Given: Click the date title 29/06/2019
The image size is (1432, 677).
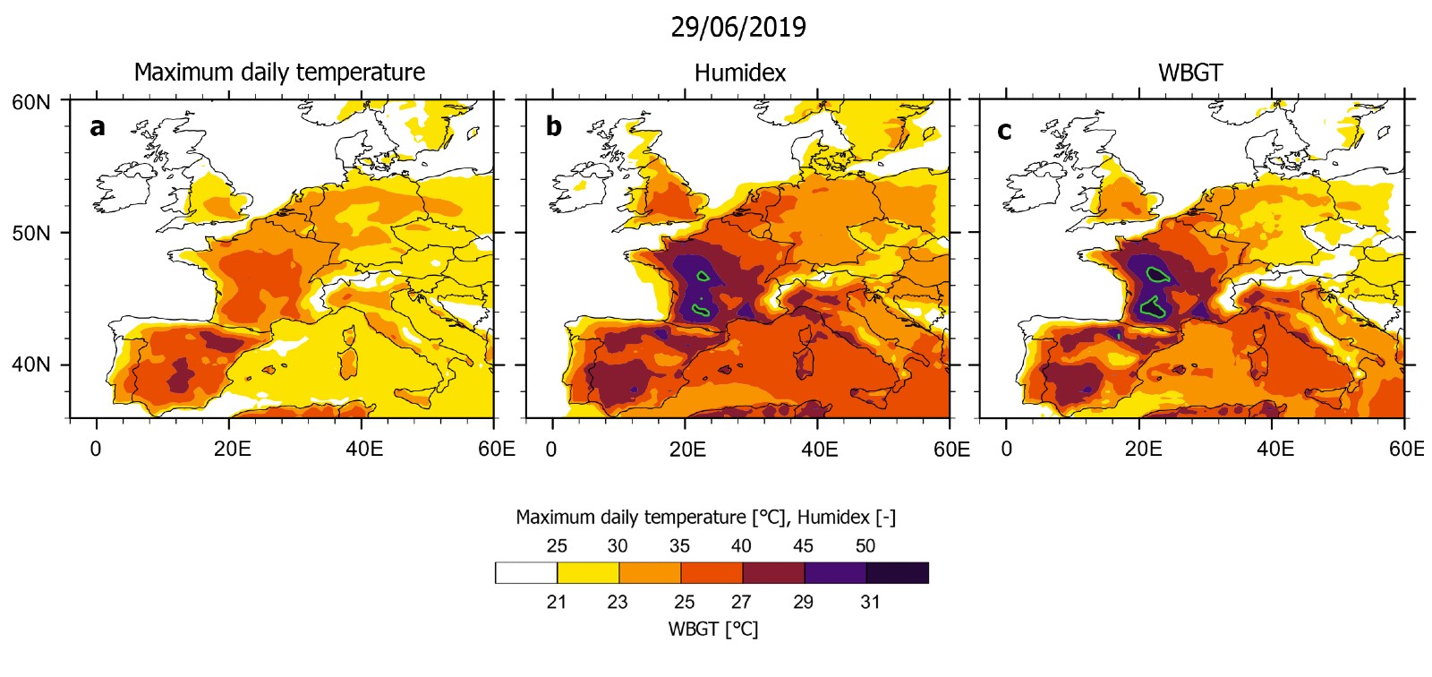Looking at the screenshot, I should [x=737, y=27].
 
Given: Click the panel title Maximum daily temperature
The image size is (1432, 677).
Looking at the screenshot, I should [x=279, y=73].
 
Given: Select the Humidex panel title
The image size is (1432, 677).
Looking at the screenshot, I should [x=739, y=73].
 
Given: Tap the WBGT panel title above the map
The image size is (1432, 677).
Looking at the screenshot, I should [x=1189, y=73].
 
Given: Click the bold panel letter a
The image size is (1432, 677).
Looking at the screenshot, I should [x=97, y=127].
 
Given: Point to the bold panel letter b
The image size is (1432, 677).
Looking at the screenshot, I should [x=553, y=127].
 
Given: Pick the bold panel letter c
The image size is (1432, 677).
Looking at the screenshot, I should [x=1004, y=131].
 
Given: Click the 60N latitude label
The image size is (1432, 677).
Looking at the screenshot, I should [x=31, y=102].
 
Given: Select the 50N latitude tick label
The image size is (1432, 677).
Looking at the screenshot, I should [x=31, y=234].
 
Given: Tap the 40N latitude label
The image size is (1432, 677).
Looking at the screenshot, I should [x=31, y=365].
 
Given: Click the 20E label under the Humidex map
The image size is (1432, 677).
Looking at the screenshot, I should [x=687, y=449].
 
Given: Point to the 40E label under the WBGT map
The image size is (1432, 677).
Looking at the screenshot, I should [x=1275, y=449].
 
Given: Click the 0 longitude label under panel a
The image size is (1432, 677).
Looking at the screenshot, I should [x=96, y=449].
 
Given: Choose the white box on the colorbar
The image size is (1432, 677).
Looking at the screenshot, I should [x=526, y=573].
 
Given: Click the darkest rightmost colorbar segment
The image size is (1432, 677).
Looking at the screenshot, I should [x=897, y=573].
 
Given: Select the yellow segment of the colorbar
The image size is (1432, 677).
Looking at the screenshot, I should [x=588, y=573].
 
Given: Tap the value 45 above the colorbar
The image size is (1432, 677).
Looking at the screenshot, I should [x=803, y=546].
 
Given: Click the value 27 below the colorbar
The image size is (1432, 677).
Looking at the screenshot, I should [x=741, y=602].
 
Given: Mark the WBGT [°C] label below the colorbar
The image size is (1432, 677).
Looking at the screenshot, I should [x=712, y=629].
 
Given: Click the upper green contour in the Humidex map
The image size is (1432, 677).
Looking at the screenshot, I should [x=703, y=276].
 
